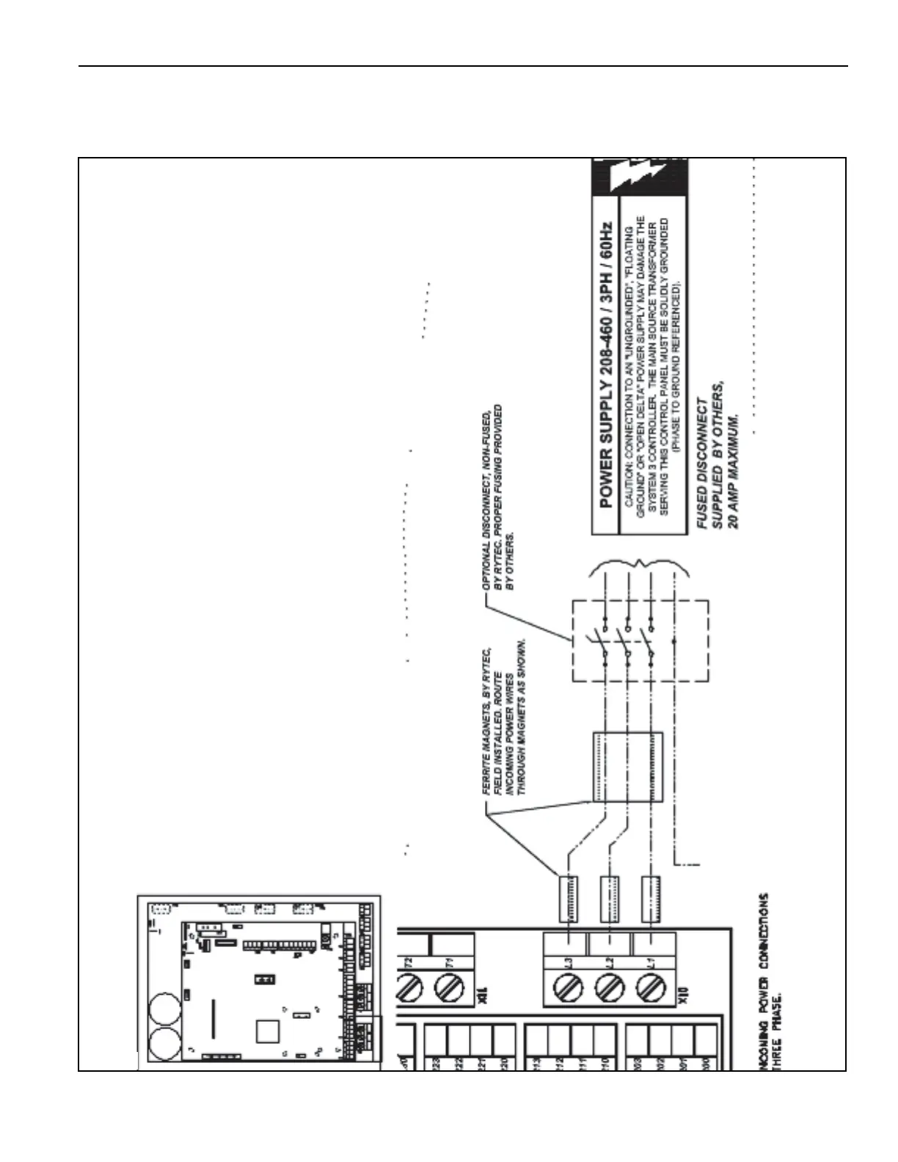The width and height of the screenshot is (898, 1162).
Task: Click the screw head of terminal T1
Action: pyautogui.click(x=448, y=984)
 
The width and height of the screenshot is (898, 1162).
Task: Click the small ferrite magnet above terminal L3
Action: pyautogui.click(x=568, y=899)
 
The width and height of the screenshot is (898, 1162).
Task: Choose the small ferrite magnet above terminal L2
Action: pyautogui.click(x=610, y=899)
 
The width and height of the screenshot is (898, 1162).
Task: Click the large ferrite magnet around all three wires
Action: pyautogui.click(x=627, y=767)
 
